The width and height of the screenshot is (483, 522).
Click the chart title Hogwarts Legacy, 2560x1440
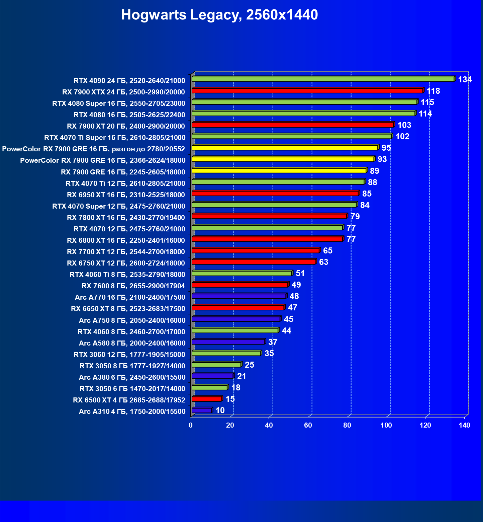click(x=219, y=15)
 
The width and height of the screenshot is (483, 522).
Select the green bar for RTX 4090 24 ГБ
click(x=323, y=79)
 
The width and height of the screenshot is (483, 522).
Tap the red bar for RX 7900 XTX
click(x=307, y=91)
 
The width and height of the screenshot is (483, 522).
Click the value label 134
click(x=465, y=80)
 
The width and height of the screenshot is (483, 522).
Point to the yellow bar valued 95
click(x=285, y=148)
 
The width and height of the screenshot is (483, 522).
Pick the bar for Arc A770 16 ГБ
click(x=238, y=296)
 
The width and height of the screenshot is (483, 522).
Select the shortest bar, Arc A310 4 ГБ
click(x=202, y=411)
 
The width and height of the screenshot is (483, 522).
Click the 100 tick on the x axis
click(x=386, y=425)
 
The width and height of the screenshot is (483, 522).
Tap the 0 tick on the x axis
click(x=191, y=425)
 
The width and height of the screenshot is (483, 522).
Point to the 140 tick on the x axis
click(x=464, y=425)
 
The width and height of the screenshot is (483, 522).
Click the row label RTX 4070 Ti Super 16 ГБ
click(x=115, y=138)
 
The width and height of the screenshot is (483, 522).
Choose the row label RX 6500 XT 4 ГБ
click(x=129, y=400)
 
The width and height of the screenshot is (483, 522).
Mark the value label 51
click(x=300, y=274)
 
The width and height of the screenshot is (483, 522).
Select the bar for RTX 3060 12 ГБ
click(x=226, y=353)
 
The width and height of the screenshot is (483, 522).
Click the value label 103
click(x=404, y=125)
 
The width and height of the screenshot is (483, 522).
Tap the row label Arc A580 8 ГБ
click(x=132, y=343)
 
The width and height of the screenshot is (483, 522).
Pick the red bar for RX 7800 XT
click(x=269, y=216)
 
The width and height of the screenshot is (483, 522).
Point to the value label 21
click(x=242, y=376)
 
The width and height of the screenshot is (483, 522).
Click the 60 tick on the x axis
click(x=308, y=425)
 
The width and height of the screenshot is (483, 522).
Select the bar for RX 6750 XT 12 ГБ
click(x=254, y=262)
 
